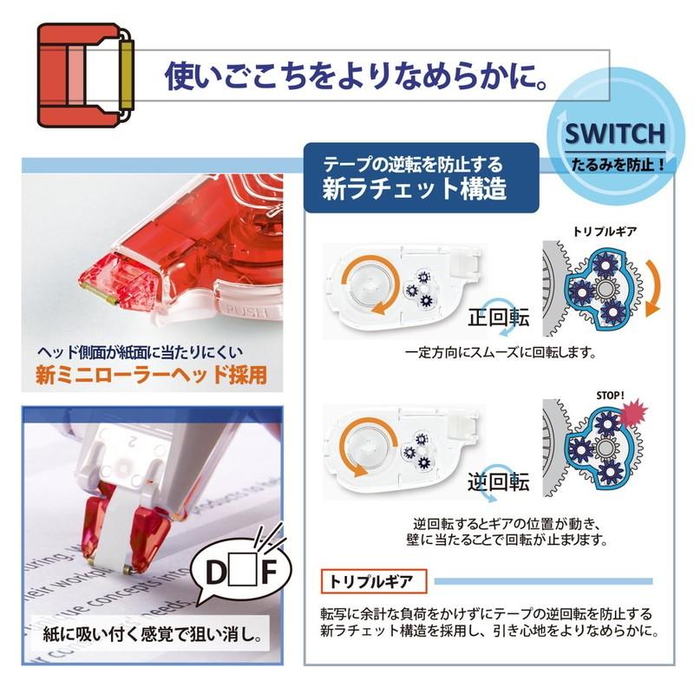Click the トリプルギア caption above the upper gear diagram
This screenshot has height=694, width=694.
tap(599, 232)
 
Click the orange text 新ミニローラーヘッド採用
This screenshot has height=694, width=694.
tap(151, 376)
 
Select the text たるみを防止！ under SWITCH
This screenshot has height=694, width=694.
tap(615, 162)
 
